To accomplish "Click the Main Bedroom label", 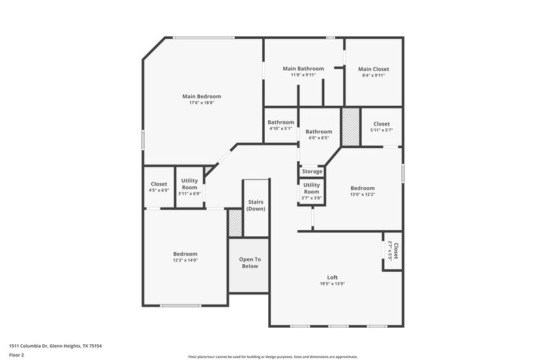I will click(x=201, y=96).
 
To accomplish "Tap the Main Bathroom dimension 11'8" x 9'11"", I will click(x=302, y=75).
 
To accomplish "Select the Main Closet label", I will click(x=373, y=69).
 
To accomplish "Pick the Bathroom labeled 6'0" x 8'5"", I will click(x=319, y=132).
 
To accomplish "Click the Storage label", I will click(x=312, y=171).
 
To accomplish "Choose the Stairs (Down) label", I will click(x=256, y=205).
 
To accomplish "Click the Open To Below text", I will click(x=249, y=263).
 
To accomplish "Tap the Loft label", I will click(x=332, y=277).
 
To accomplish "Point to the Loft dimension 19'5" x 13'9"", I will click(x=332, y=284).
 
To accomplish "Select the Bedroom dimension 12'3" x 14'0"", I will click(x=185, y=260).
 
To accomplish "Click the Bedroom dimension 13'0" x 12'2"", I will click(x=362, y=195).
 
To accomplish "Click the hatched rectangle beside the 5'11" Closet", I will click(x=350, y=127).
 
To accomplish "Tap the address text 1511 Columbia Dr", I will click(x=41, y=346).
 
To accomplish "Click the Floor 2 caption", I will click(x=17, y=356).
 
